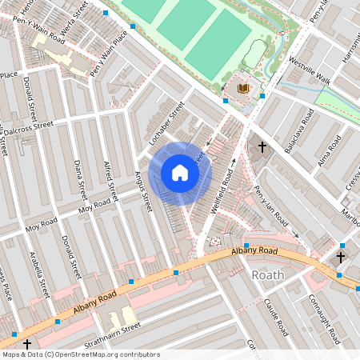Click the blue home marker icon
(180, 172)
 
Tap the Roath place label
(268, 275)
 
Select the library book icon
(244, 87)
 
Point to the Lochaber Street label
(167, 122)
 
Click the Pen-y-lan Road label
(270, 207)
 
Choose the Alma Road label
(330, 148)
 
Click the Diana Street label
(79, 179)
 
